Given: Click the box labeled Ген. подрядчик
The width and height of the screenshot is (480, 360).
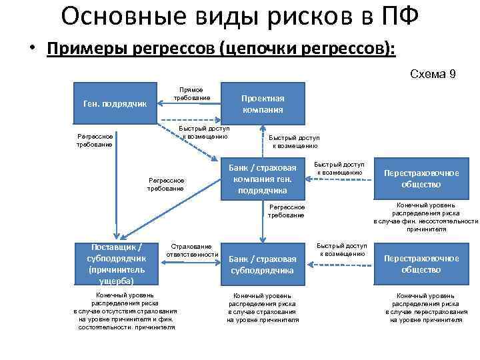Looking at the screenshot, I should [114, 103].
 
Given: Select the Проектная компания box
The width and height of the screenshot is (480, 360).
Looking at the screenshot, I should [262, 103].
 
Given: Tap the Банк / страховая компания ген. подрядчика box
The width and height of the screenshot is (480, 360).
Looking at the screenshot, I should [262, 179].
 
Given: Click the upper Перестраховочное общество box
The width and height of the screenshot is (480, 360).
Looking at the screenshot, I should [421, 178].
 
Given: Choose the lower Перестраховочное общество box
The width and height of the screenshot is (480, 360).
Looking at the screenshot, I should [421, 264].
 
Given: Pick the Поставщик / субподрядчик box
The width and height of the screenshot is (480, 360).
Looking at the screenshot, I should [117, 264].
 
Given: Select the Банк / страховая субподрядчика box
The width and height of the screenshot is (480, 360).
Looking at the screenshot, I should [262, 264].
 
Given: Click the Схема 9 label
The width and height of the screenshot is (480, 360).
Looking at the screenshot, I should [433, 74].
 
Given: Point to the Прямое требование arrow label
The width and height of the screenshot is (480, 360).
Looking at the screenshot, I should [192, 94].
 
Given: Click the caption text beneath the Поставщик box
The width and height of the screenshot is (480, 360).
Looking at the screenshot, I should [125, 311].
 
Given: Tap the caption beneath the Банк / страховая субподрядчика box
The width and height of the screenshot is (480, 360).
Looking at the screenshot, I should [263, 307].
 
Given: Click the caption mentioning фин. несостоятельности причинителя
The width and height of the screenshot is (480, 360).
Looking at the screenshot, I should [425, 217].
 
